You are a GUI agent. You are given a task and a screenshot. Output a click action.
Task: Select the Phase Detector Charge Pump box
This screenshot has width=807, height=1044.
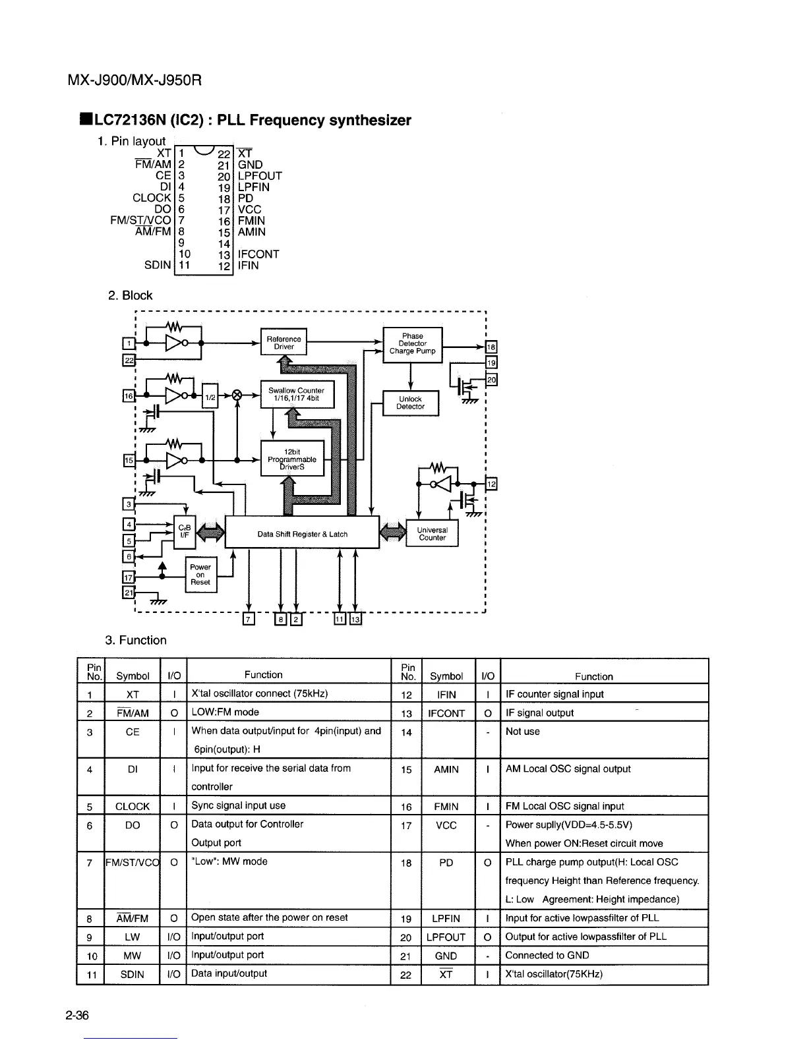(413, 343)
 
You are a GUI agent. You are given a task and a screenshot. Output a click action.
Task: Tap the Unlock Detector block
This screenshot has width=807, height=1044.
(410, 403)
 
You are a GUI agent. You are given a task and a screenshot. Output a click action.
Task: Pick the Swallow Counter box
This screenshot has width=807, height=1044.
(297, 394)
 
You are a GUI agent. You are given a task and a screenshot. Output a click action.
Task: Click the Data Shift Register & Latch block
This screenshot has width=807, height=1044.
(302, 534)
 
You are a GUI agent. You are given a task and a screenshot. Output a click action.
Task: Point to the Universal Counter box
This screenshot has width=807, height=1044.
(433, 534)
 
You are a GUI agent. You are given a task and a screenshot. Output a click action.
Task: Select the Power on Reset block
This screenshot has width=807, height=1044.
(200, 575)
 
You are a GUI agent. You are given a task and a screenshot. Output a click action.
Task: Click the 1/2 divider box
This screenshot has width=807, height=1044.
(209, 396)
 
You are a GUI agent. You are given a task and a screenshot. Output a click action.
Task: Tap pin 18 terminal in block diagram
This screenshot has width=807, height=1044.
(491, 348)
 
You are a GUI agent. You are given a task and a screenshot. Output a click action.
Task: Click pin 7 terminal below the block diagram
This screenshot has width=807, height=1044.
(248, 619)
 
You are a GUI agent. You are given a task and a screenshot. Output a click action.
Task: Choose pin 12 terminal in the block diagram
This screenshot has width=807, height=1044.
(491, 484)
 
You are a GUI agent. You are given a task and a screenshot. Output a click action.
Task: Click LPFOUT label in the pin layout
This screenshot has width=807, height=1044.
(260, 176)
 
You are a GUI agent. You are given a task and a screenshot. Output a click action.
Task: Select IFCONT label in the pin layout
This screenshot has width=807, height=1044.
(258, 254)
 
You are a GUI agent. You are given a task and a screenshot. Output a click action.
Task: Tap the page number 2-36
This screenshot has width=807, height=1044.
(78, 1015)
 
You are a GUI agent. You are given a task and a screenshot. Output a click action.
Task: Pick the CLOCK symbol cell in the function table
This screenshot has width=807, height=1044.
(133, 806)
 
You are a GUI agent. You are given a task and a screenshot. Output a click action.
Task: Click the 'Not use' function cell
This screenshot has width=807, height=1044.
(523, 732)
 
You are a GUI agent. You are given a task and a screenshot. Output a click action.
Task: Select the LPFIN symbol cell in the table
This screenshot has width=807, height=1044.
(446, 919)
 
